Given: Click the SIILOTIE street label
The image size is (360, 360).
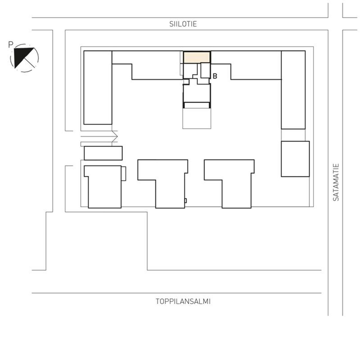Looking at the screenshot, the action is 183,24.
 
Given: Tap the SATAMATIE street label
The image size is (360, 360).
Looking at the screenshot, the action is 336,182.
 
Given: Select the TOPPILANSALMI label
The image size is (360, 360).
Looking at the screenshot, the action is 183,302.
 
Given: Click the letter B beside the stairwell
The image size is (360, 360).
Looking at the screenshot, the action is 215,76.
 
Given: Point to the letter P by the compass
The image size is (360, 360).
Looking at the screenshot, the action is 11,45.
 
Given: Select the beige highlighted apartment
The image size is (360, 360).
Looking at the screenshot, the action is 196,57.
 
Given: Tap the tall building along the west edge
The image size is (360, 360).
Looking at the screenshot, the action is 98,87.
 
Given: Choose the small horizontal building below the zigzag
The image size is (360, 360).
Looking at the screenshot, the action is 103,153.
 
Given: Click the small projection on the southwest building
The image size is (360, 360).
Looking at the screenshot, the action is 123,174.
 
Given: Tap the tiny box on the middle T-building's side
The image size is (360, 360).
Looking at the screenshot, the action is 185,201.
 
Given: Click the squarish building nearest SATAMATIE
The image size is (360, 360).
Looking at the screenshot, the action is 295,159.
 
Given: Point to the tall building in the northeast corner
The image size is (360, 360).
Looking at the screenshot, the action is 293,90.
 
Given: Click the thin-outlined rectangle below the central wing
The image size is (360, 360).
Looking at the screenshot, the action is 197,118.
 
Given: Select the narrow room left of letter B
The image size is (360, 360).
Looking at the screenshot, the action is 205,70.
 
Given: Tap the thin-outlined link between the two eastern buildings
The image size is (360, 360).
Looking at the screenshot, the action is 293,135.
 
